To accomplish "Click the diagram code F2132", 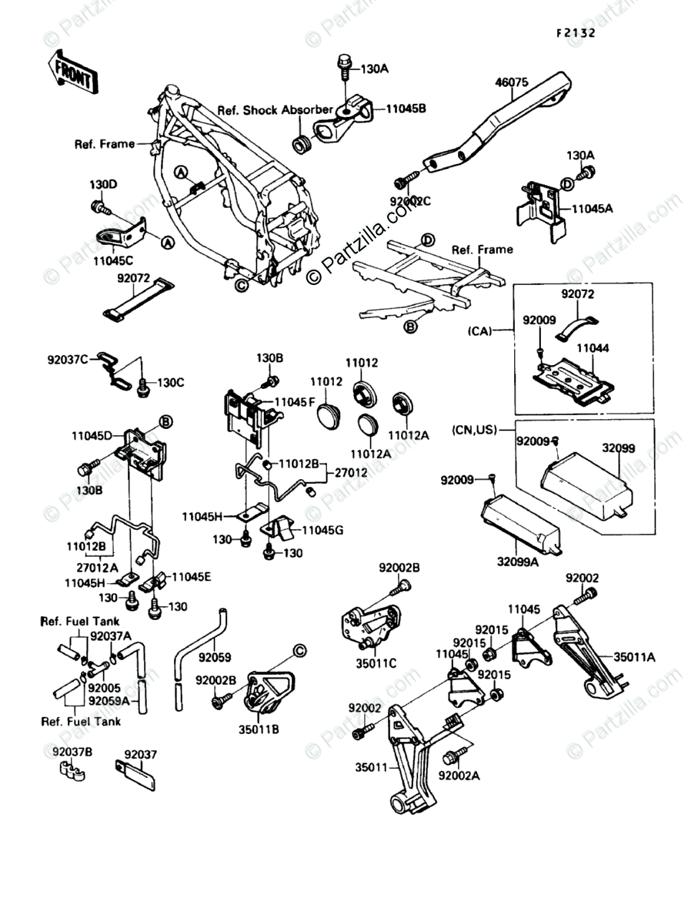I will pyautogui.click(x=576, y=34).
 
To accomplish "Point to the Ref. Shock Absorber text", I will pyautogui.click(x=275, y=110).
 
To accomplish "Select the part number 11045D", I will pyautogui.click(x=93, y=435).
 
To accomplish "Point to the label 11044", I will pyautogui.click(x=593, y=348).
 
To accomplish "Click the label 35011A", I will pyautogui.click(x=635, y=657).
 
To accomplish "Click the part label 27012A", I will pyautogui.click(x=93, y=568).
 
